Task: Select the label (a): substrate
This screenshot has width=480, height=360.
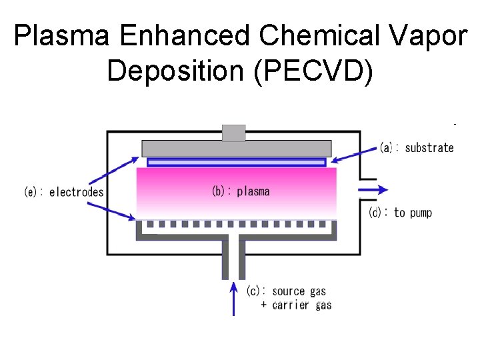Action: pos(417,148)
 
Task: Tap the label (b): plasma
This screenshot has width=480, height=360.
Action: pos(241,191)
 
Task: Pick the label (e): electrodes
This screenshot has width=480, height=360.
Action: pos(64,192)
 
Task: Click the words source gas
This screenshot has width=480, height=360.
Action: pos(299,291)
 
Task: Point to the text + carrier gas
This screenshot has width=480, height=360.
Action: pos(296,305)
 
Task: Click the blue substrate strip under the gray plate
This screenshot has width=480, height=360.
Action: pos(236,162)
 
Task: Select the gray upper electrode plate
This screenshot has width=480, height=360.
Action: pos(236,148)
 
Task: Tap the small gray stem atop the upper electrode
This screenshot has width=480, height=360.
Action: pos(233,133)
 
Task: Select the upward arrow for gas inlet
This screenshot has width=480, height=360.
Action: pos(233,298)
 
